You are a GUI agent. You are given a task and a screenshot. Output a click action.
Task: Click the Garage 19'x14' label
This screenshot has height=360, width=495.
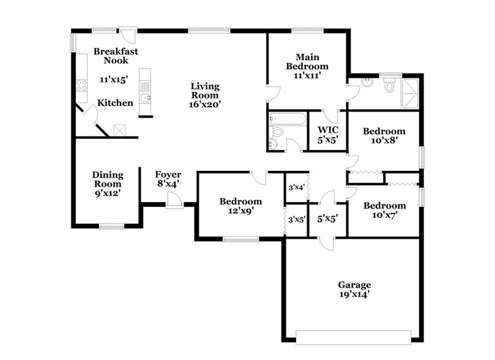click(354, 290)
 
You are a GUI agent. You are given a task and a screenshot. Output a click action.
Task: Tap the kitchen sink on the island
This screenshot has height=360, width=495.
click(144, 97)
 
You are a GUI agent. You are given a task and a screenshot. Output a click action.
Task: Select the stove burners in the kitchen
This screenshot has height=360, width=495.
click(81, 86)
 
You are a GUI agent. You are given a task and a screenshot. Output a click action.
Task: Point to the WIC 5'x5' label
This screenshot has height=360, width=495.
click(328, 135)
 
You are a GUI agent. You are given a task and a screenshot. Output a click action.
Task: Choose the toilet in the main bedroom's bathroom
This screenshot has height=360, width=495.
click(389, 86)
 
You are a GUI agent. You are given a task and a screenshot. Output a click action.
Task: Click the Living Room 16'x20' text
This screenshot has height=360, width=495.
click(204, 96)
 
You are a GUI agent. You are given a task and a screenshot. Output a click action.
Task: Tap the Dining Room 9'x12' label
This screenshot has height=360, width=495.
click(107, 184)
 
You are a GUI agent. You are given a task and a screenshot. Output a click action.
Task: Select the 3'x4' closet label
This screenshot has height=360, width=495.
click(297, 187)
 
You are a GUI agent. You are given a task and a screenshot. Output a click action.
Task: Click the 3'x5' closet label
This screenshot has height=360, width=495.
click(297, 219)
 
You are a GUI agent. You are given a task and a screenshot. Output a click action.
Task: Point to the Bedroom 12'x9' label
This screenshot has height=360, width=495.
click(241, 206)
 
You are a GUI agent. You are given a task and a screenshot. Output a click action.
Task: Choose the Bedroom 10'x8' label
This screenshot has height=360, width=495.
click(384, 136)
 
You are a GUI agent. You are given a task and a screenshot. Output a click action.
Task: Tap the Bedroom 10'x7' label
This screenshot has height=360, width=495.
click(384, 210)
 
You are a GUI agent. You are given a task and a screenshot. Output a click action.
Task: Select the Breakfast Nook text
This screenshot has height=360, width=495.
click(116, 56)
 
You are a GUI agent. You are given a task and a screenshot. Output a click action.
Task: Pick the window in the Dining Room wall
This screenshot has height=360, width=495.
click(111, 227)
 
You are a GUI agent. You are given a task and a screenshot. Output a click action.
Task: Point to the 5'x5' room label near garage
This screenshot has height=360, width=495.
click(328, 217)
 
